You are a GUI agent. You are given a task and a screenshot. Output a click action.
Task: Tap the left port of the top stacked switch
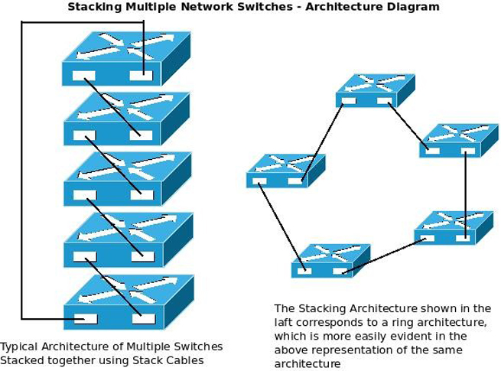point(83,76)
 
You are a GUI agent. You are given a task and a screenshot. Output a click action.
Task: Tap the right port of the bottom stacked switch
point(143,318)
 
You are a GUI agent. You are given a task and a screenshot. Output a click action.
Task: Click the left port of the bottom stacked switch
point(86,318)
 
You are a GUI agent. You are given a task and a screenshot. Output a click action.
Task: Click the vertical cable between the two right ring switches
point(465,191)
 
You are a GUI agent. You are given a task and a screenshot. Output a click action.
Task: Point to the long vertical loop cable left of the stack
point(21,168)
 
